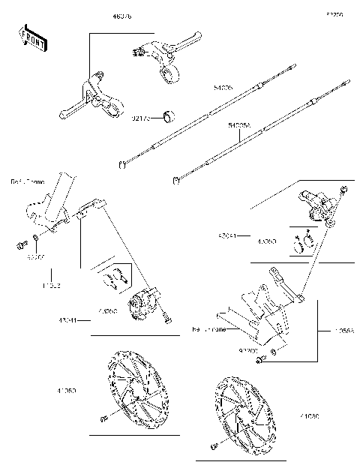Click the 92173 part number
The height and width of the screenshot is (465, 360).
[140, 118]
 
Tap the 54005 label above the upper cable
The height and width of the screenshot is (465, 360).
[202, 88]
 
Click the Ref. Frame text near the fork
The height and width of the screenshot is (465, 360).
[27, 181]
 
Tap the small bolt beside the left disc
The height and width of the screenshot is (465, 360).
[100, 418]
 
